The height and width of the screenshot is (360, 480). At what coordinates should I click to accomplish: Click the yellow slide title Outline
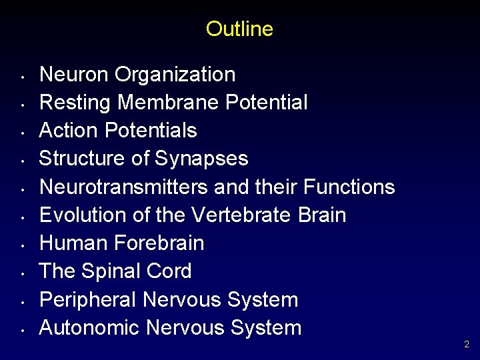(239, 29)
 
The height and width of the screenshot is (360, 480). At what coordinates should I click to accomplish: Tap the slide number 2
(467, 345)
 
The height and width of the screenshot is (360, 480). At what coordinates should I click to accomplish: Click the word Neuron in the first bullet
(74, 74)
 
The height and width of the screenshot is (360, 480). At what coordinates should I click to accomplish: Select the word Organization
(175, 75)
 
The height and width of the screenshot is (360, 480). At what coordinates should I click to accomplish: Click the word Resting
(75, 103)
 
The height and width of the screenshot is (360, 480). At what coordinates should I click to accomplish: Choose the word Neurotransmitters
(124, 187)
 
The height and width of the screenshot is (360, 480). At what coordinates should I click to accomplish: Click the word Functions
(349, 187)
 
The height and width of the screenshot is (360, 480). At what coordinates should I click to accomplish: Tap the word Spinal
(110, 271)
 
